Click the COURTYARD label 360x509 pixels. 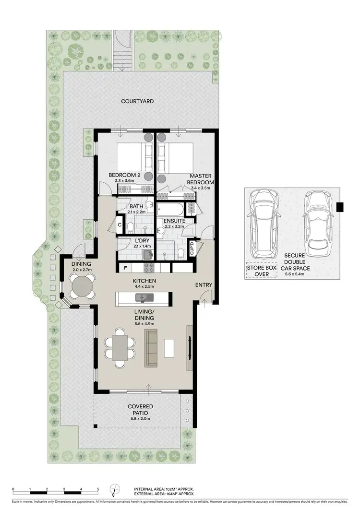pos(137,101)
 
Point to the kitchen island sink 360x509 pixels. pos(143,299)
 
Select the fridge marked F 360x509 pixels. pos(125,268)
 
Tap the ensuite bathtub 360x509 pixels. pos(170,210)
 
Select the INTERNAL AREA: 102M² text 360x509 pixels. pos(164,488)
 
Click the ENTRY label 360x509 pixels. pos(204,285)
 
